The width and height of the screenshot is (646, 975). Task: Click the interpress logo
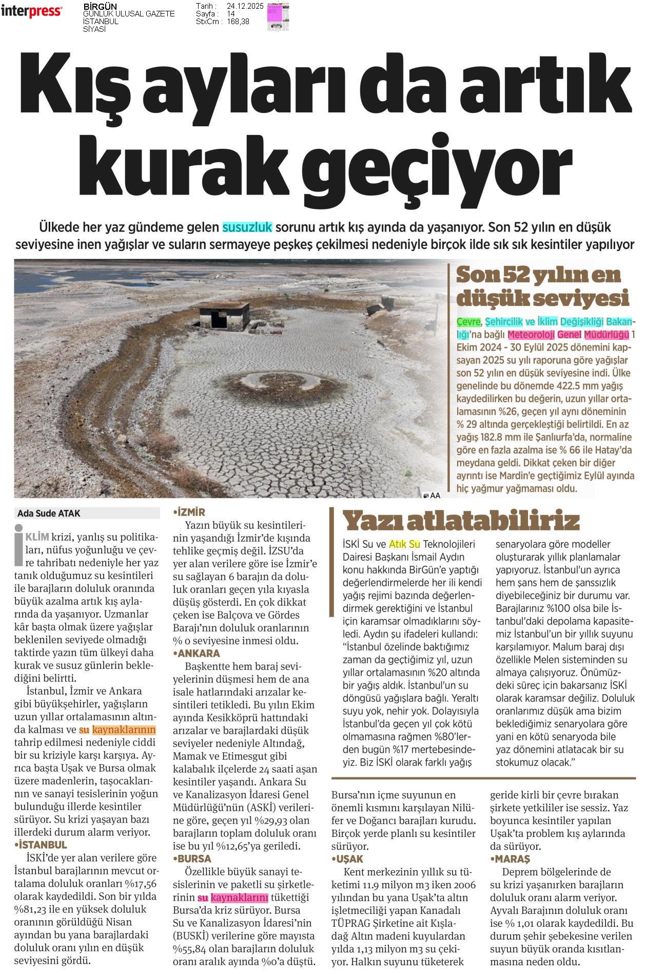click(x=31, y=11)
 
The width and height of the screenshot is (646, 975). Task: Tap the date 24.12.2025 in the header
click(x=245, y=6)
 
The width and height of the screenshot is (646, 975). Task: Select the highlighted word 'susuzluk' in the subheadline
click(x=247, y=227)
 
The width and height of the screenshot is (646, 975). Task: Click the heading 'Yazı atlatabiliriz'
click(x=460, y=521)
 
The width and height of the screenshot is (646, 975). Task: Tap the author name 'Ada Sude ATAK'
click(x=49, y=513)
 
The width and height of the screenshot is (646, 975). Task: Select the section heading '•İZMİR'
click(x=189, y=512)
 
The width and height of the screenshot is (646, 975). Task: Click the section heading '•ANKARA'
click(x=197, y=654)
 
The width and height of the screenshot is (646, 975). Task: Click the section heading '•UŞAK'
click(x=347, y=858)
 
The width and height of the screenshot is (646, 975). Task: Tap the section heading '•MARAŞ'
click(x=510, y=858)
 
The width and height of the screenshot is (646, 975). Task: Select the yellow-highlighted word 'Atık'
click(x=397, y=544)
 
